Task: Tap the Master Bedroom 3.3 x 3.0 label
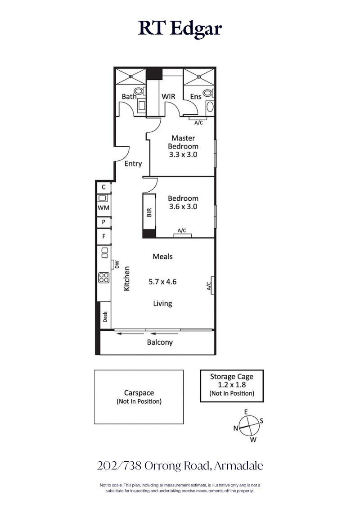[x=183, y=146]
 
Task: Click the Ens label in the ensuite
[x=195, y=96]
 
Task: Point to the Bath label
[x=129, y=96]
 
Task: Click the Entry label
[x=133, y=164]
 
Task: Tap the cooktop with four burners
[x=103, y=278]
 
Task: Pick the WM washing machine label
[x=103, y=207]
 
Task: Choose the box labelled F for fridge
[x=103, y=236]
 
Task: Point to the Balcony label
[x=160, y=342]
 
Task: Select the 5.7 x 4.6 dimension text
[x=162, y=282]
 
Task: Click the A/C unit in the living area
[x=209, y=285]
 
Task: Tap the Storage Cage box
[x=232, y=385]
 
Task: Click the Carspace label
[x=139, y=393]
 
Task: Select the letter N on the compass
[x=235, y=428]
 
